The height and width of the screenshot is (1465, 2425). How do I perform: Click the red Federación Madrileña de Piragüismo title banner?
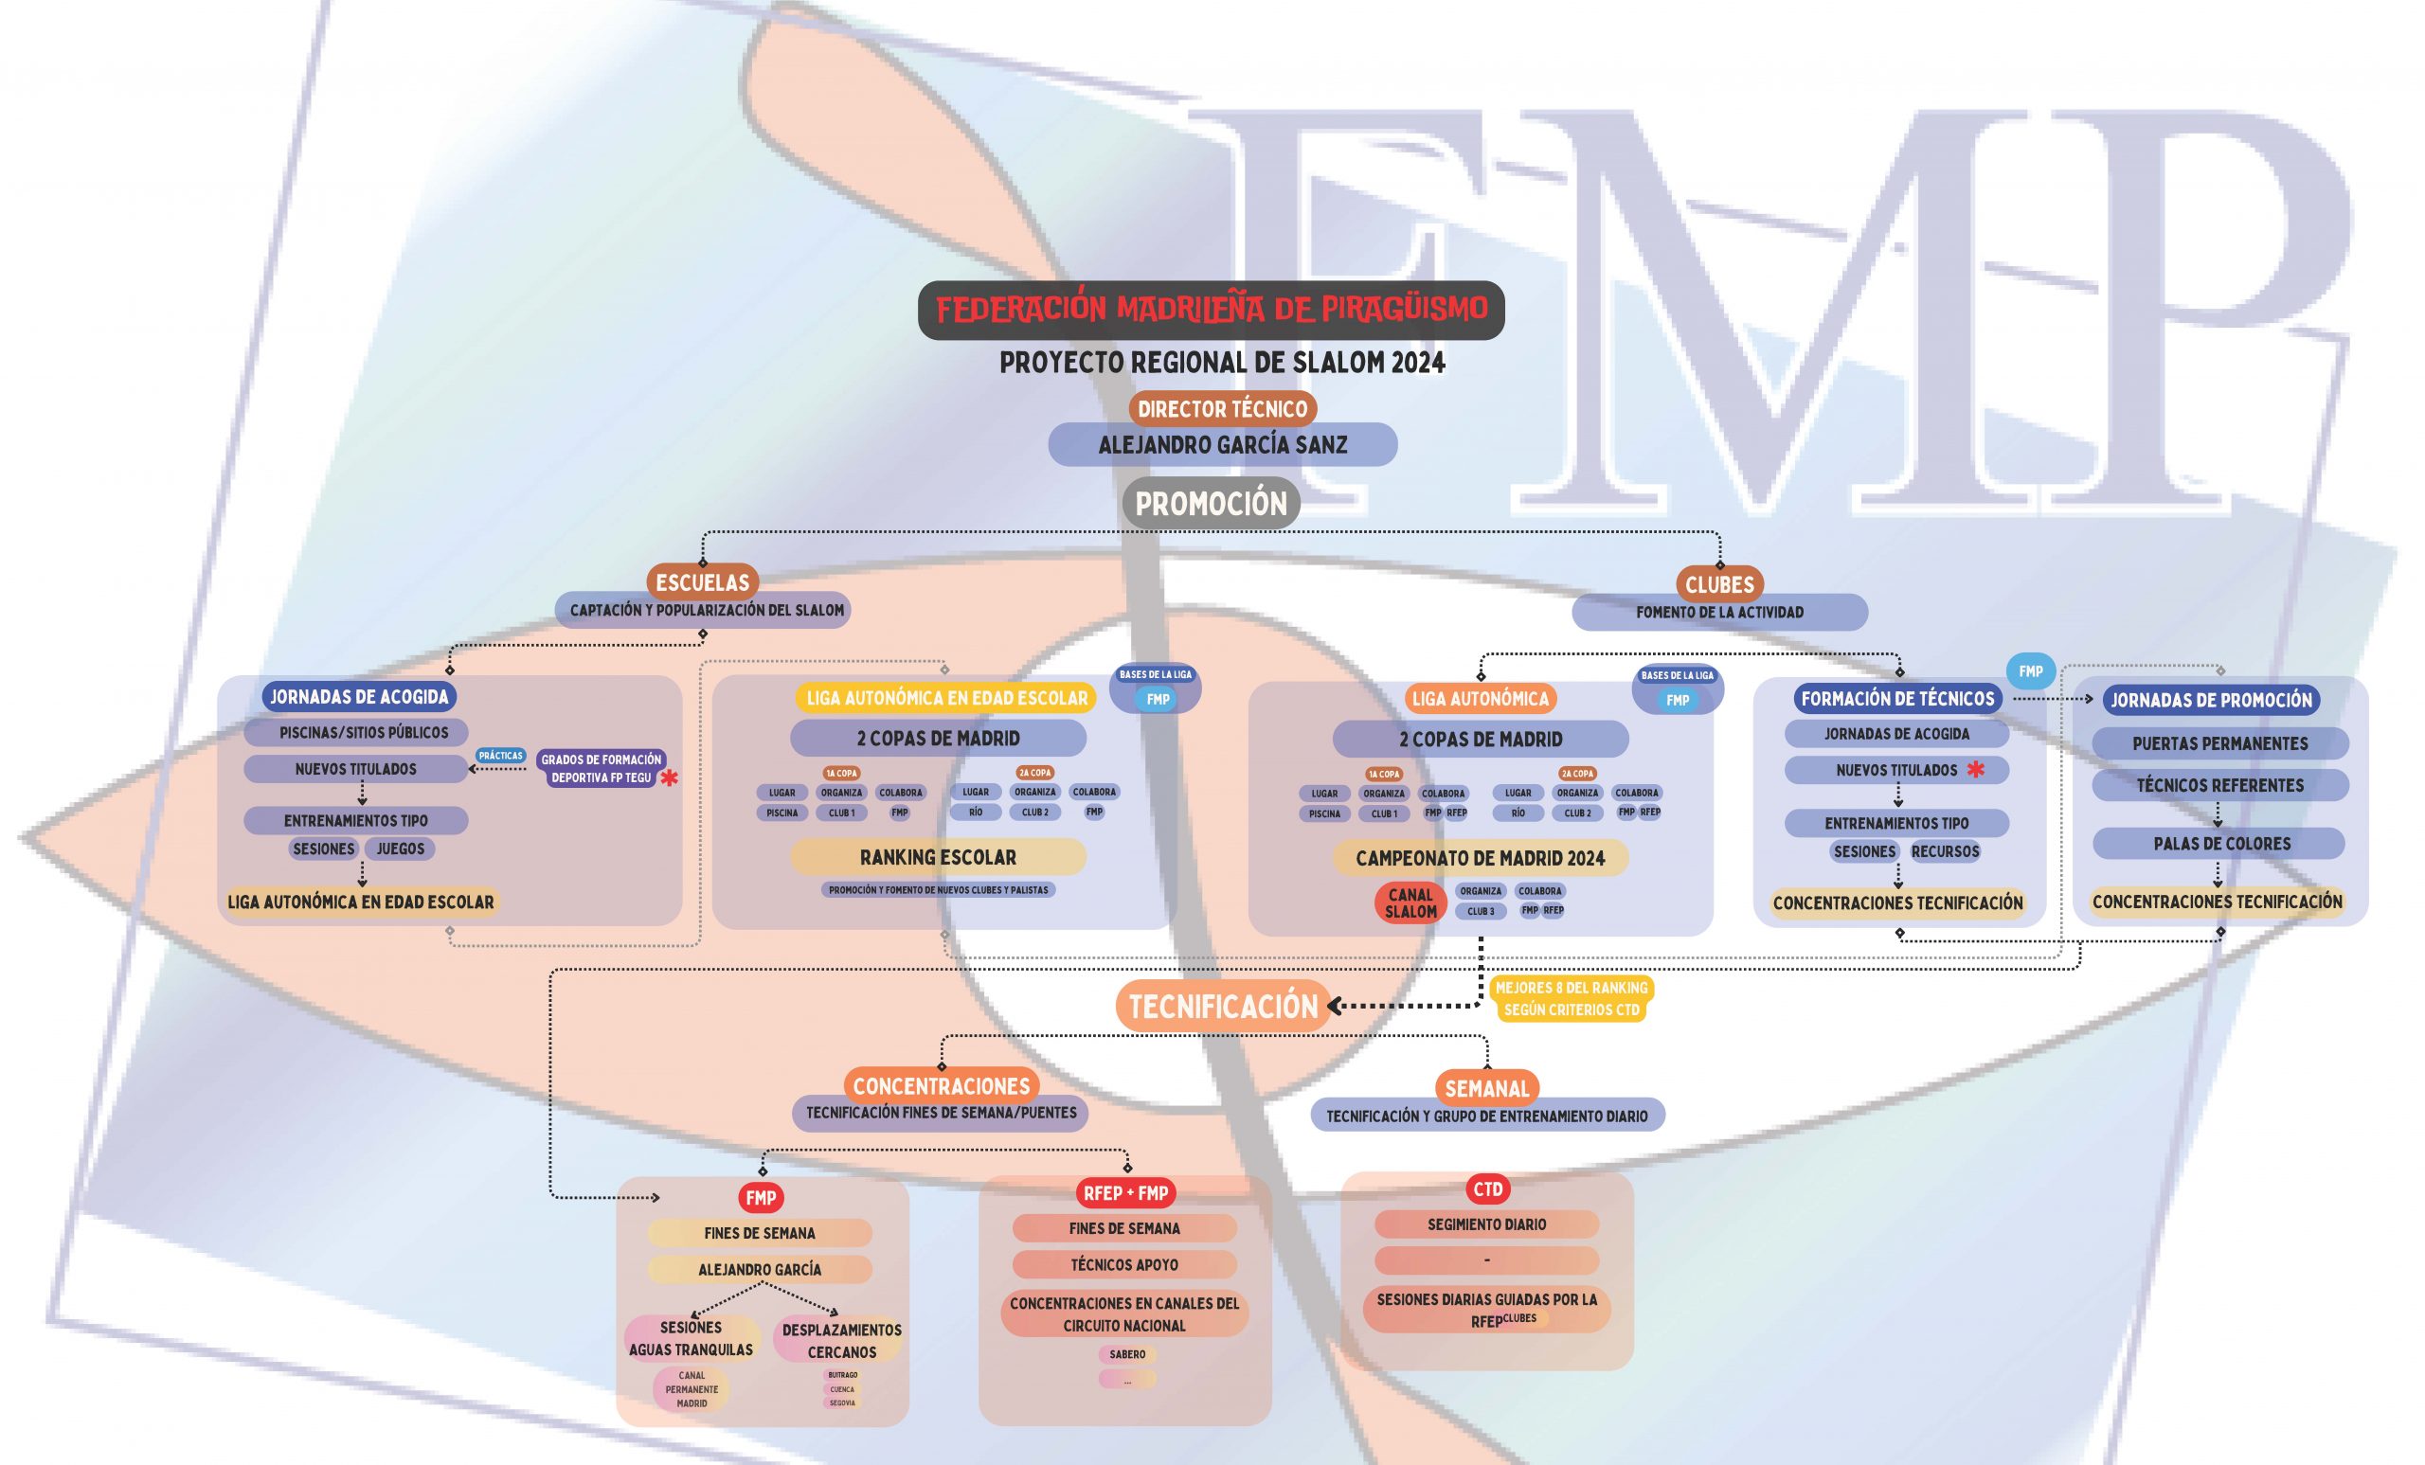[x=1211, y=310]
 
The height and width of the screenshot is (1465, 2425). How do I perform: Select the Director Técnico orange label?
[x=1222, y=408]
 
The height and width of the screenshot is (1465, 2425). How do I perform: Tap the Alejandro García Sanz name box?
[x=1222, y=445]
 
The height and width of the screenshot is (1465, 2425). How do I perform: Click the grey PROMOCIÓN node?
[x=1211, y=504]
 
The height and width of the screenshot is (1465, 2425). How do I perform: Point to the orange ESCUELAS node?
[x=703, y=582]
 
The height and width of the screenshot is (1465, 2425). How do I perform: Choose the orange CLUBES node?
[x=1719, y=584]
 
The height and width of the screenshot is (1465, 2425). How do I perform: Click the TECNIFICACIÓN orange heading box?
[x=1222, y=1007]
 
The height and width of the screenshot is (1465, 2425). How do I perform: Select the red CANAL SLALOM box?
[x=1410, y=902]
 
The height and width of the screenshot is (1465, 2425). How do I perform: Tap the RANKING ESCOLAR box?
[x=938, y=857]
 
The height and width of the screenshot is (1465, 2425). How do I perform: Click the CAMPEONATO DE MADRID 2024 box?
[x=1481, y=858]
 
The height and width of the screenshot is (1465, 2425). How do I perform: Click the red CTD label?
[x=1487, y=1188]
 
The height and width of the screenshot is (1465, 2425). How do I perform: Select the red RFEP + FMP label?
[x=1125, y=1192]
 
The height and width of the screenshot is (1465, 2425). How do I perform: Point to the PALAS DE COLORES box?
[x=2221, y=843]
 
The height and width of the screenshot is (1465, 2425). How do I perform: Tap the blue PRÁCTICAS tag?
[x=500, y=756]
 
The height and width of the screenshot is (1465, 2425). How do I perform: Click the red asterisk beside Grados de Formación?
[x=669, y=778]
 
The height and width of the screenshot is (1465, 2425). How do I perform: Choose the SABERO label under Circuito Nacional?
[x=1127, y=1355]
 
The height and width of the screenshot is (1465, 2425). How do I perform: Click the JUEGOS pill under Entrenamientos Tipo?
[x=401, y=849]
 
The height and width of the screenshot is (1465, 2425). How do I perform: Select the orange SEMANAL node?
[x=1486, y=1088]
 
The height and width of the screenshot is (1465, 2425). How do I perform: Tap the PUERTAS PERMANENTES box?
[x=2219, y=743]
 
